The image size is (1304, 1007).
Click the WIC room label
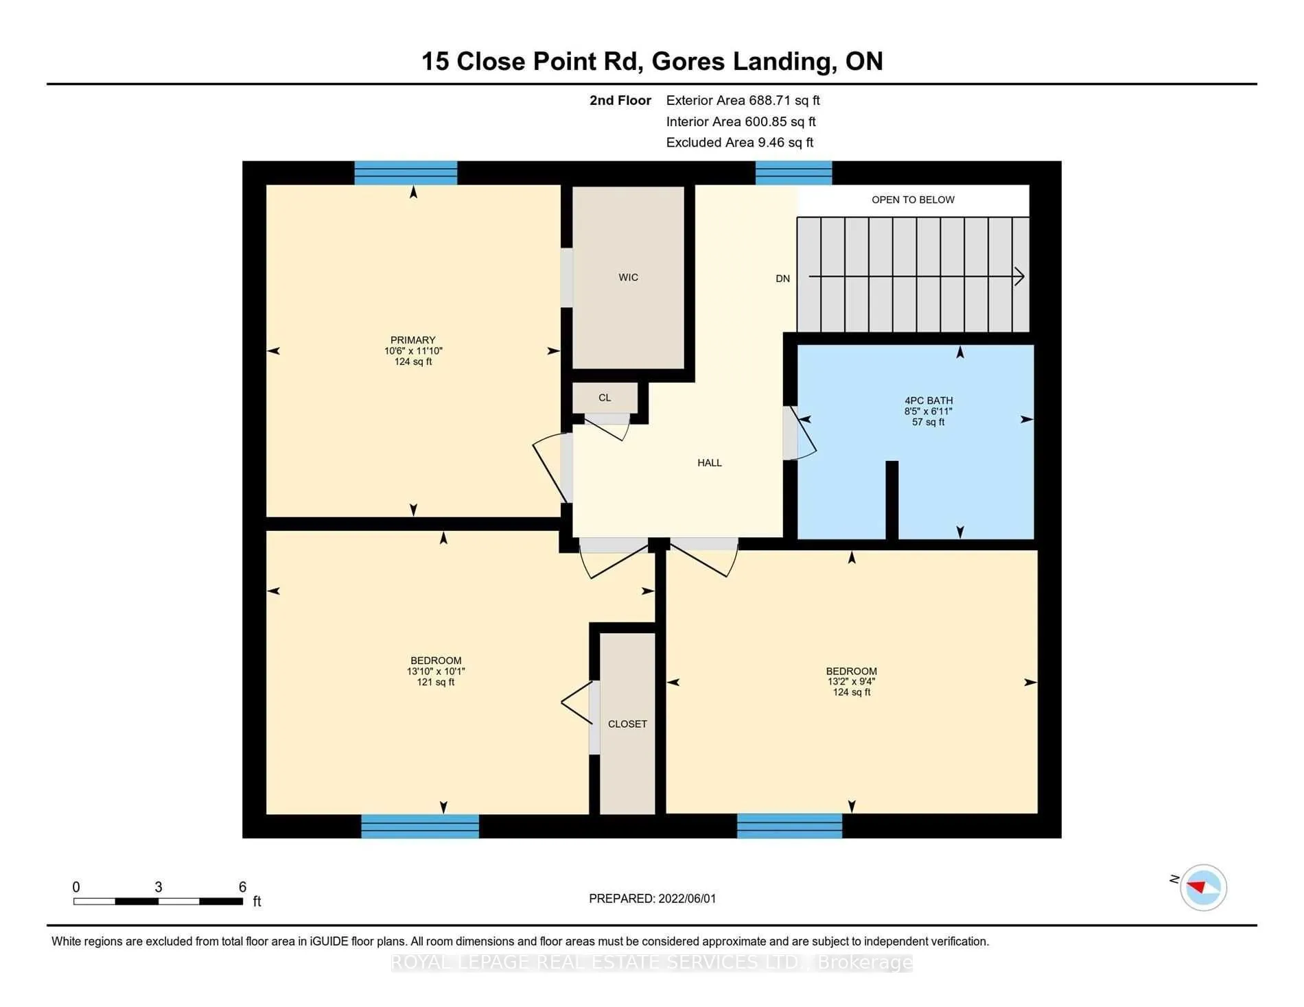click(x=628, y=277)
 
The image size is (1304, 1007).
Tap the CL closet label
click(x=604, y=397)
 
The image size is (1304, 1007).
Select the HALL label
click(x=709, y=462)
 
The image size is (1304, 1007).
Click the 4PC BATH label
click(x=928, y=401)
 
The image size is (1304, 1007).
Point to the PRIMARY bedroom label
click(x=412, y=340)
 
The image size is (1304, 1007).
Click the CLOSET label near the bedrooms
click(x=627, y=724)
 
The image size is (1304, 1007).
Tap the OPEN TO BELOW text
click(x=913, y=200)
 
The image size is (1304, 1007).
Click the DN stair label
click(x=782, y=279)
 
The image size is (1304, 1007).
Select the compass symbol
click(x=1203, y=887)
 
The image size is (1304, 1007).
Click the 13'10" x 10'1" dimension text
click(x=436, y=672)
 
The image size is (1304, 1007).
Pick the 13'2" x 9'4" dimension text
click(x=851, y=682)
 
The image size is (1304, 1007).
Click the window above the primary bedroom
click(x=406, y=173)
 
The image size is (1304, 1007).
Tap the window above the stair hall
click(x=793, y=173)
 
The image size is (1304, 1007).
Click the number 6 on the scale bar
click(x=242, y=887)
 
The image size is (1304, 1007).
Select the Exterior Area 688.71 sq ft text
click(x=743, y=100)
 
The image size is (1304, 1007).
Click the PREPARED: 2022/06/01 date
click(x=652, y=899)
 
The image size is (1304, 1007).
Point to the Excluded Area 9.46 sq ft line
click(x=739, y=143)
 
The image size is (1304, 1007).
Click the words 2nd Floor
click(x=620, y=100)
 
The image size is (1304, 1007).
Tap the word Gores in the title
click(x=688, y=62)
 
